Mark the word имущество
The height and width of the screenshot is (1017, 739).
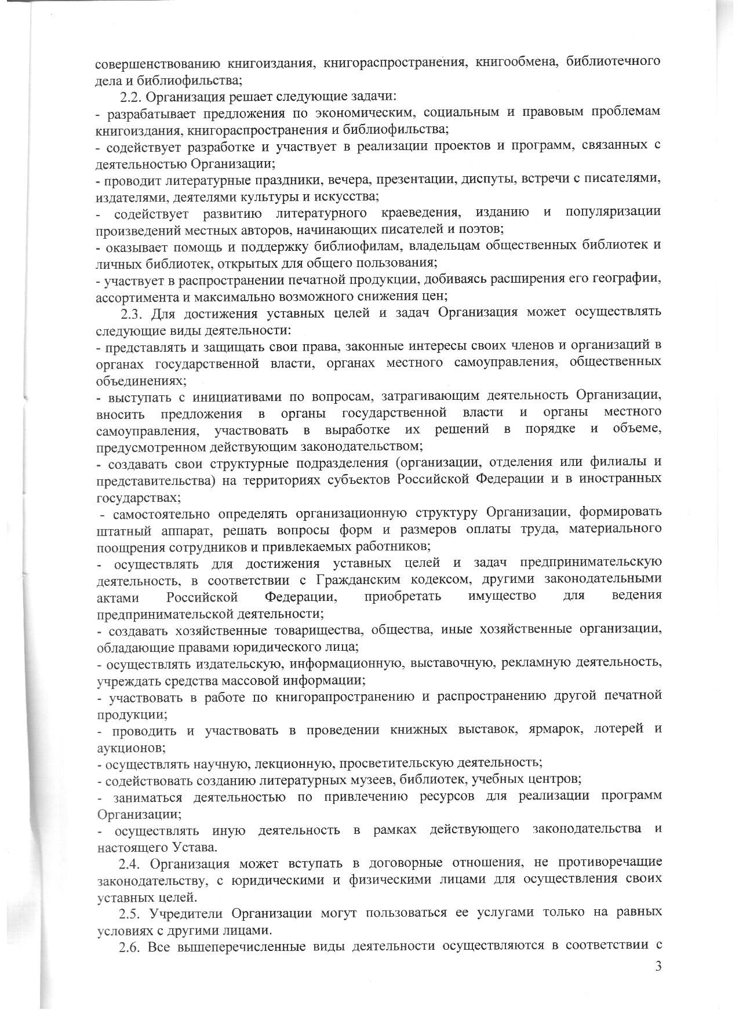[x=501, y=596]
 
